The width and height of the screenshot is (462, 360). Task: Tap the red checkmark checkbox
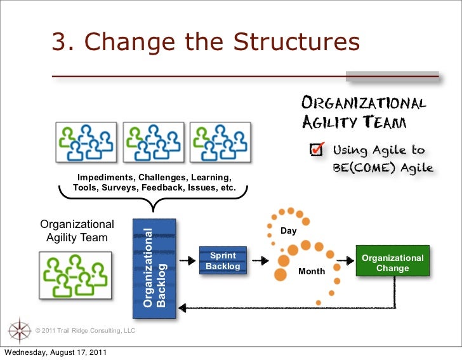316,149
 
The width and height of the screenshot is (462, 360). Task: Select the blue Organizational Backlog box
154,269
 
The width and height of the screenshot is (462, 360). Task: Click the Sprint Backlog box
223,260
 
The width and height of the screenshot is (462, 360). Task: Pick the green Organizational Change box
392,262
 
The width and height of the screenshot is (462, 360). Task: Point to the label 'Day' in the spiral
289,231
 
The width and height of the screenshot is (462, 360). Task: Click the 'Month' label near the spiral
312,272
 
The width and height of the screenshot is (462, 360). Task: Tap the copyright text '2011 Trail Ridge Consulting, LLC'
86,331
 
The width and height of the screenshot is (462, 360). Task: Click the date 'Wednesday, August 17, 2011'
56,353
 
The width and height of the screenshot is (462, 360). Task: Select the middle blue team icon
152,141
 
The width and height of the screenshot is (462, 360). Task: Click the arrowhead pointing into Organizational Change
351,260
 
